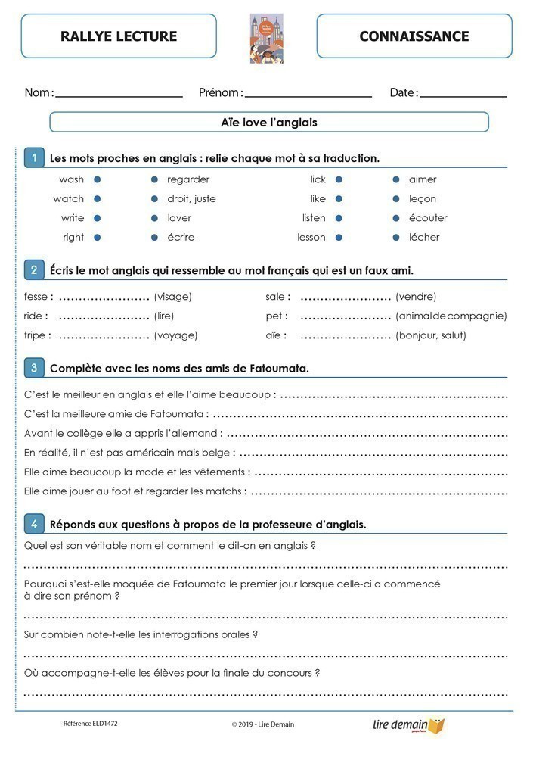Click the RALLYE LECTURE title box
[x=119, y=36]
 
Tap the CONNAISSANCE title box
[x=414, y=36]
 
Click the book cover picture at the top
[x=266, y=38]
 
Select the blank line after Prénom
[x=308, y=95]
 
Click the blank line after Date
[x=463, y=95]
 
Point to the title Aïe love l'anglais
[x=269, y=122]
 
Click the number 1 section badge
[x=33, y=157]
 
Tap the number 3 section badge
[x=33, y=368]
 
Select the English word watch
[x=69, y=199]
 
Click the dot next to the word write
[x=98, y=218]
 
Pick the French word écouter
[x=428, y=218]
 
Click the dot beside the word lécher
[x=396, y=237]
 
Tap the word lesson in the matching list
[x=311, y=237]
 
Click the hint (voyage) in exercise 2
[x=175, y=335]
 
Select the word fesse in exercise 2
[x=36, y=297]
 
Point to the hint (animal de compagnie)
[x=451, y=316]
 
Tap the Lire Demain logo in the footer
[x=409, y=725]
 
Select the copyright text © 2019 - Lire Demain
[x=263, y=724]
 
